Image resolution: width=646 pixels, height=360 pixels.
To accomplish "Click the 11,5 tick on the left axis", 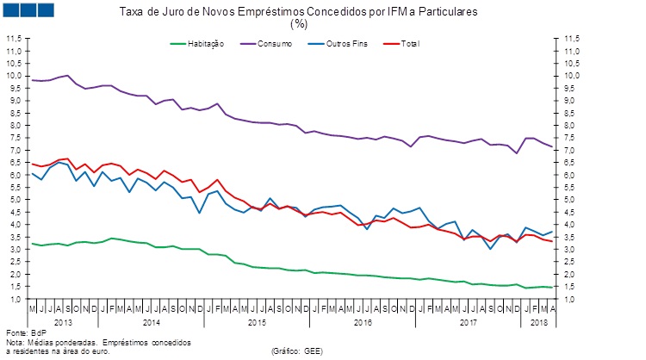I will click(14, 39).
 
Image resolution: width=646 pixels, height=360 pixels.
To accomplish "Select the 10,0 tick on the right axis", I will click(572, 76).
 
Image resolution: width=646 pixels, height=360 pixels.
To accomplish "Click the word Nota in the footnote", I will click(16, 342).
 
